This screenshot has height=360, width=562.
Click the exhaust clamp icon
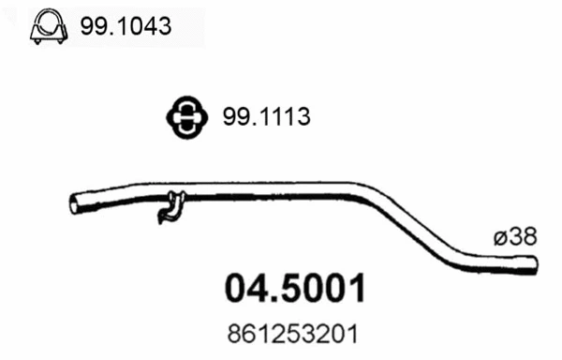point(47,28)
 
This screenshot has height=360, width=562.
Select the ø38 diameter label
point(512,237)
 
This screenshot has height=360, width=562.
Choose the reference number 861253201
point(294,332)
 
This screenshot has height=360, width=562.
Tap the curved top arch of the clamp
point(47,19)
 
